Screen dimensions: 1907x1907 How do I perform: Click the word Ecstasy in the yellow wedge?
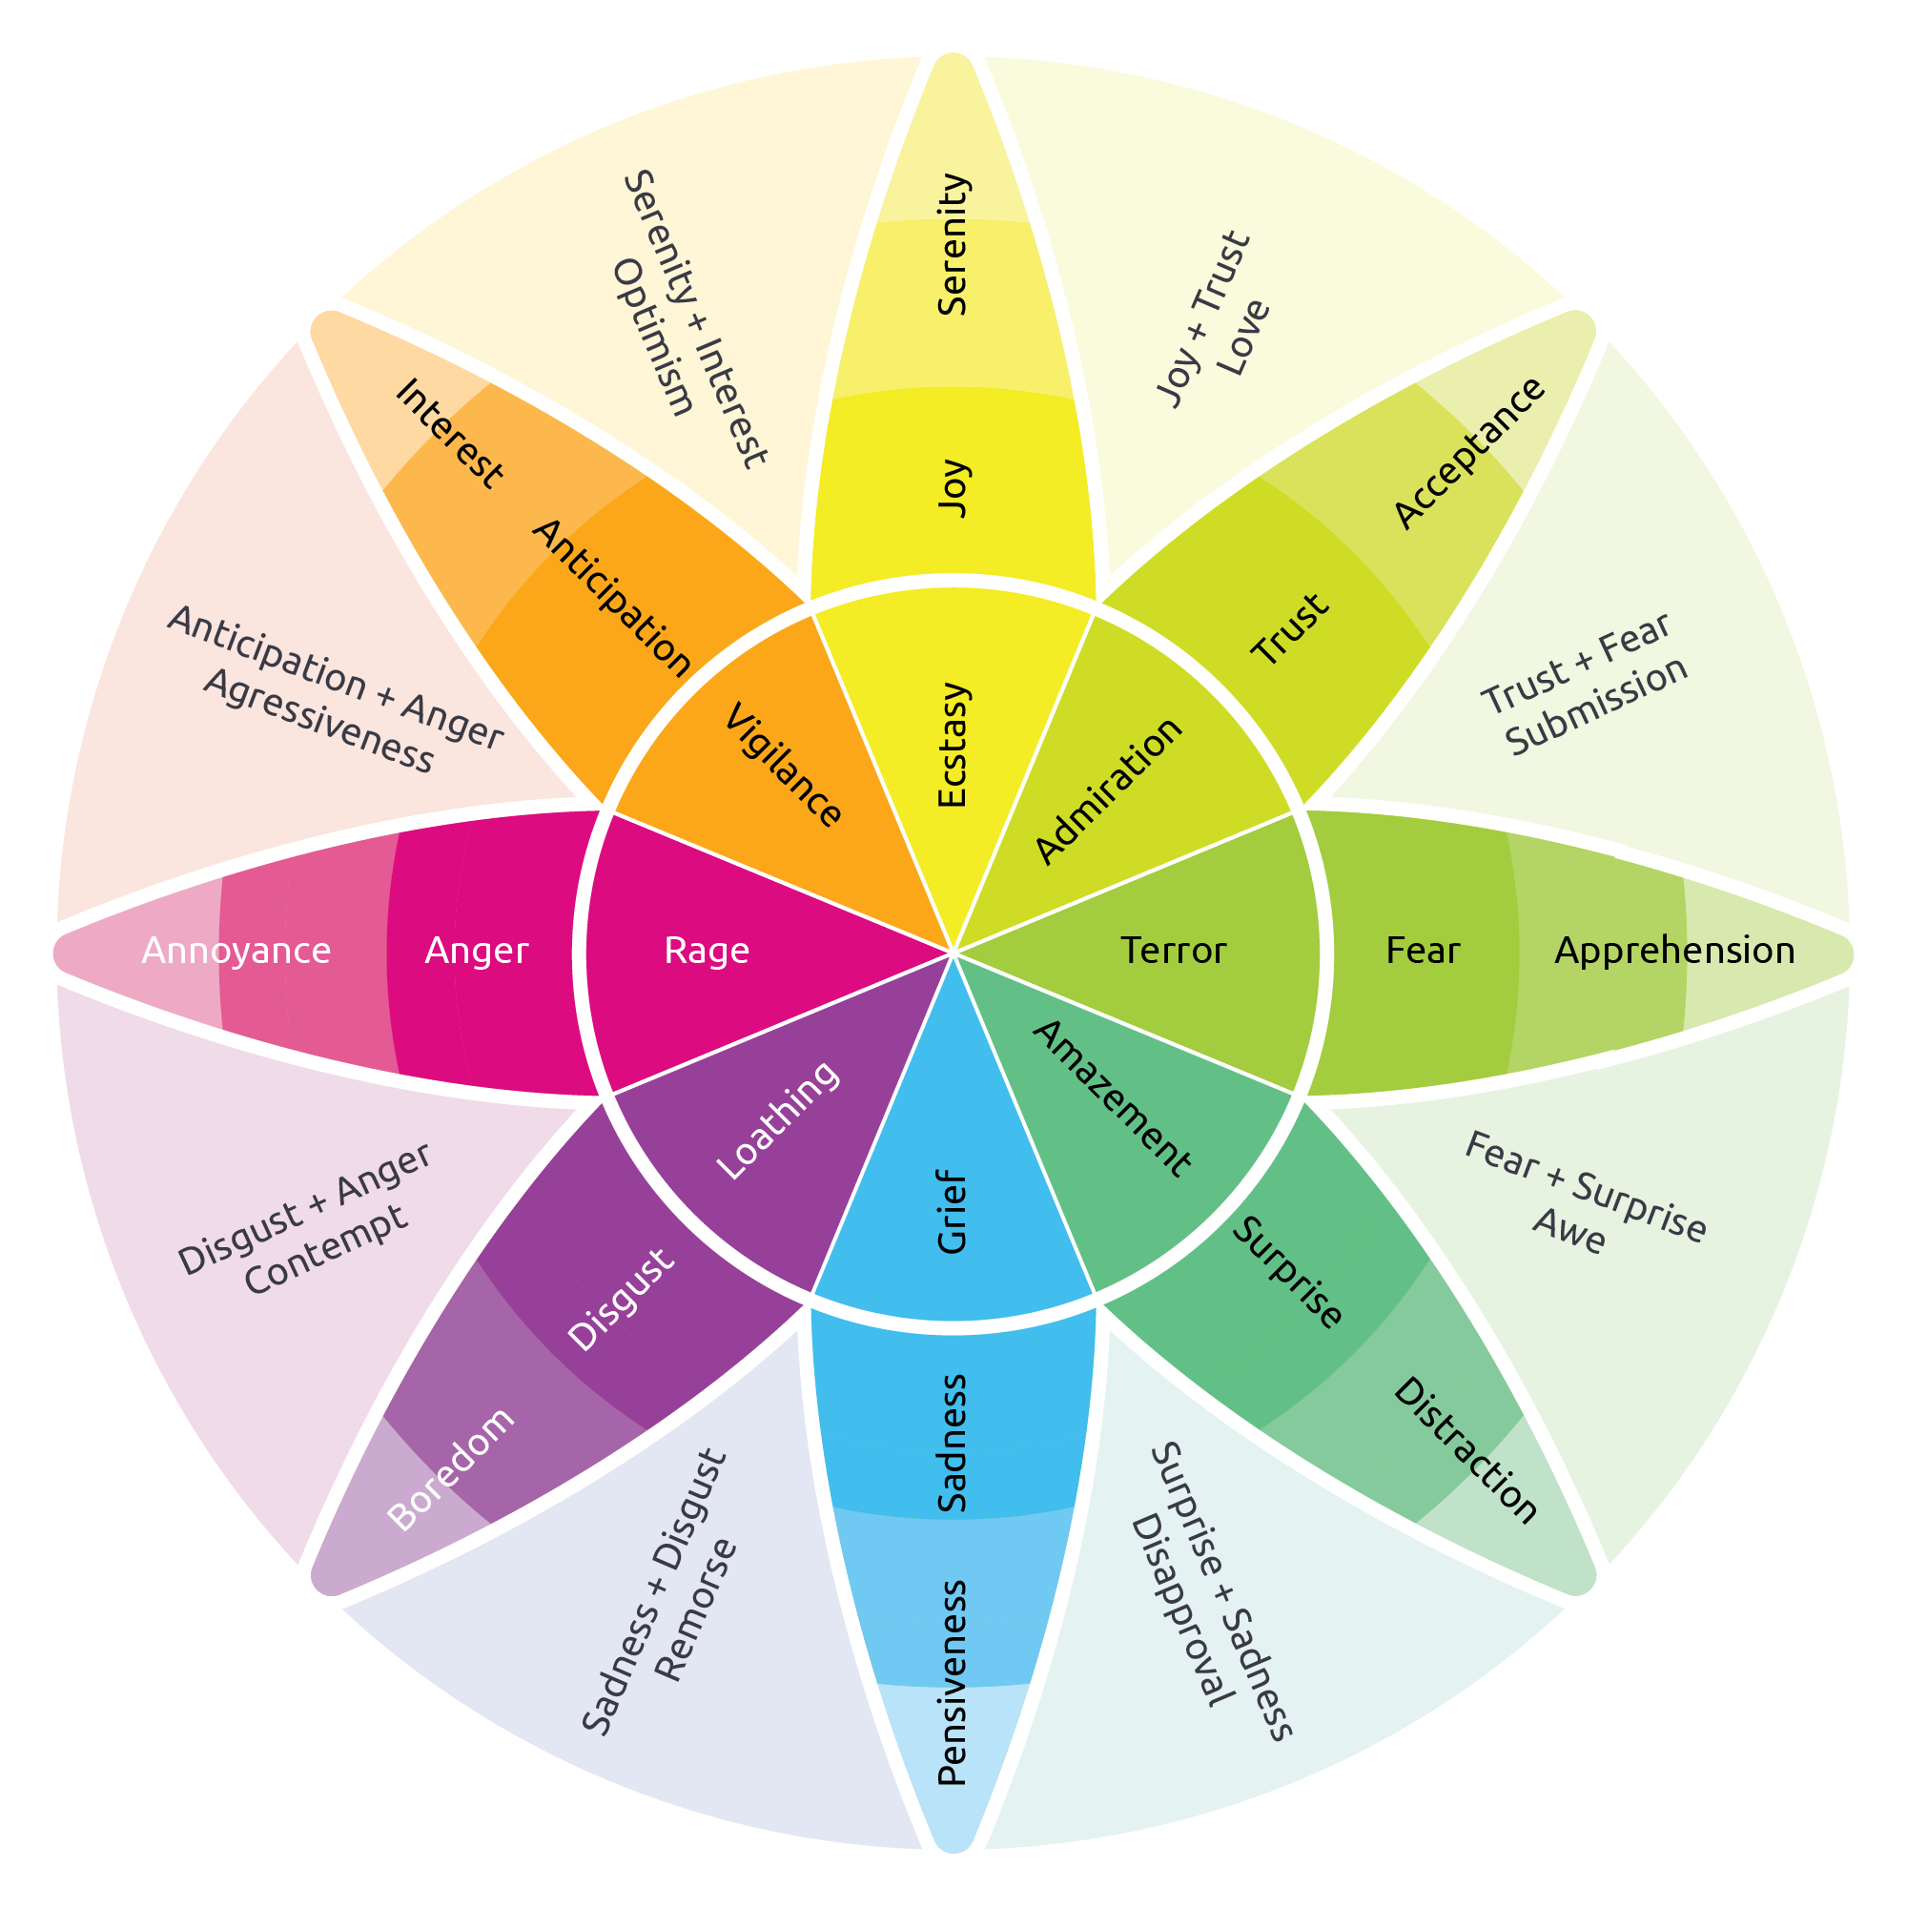point(952,745)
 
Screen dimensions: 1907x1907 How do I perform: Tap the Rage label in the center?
point(707,951)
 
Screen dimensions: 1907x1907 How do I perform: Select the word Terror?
point(1174,951)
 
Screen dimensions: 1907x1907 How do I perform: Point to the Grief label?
point(952,1212)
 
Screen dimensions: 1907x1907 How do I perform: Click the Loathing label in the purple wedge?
point(779,1120)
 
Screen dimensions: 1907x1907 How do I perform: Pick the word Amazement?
point(1112,1099)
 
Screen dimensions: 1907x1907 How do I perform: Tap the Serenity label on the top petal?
point(952,245)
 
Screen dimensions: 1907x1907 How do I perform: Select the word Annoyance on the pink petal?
point(236,951)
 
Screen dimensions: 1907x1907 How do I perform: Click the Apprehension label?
point(1675,951)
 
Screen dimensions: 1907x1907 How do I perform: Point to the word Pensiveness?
point(952,1684)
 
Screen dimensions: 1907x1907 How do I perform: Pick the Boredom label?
point(451,1468)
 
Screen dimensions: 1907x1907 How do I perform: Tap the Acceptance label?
point(1468,452)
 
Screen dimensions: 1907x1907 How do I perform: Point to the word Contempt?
point(326,1250)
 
